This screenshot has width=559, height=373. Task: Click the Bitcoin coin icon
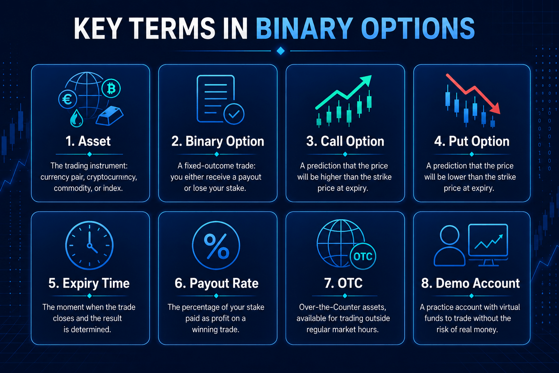tap(111, 89)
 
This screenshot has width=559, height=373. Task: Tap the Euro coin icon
tap(68, 99)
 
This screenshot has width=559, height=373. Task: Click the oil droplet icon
tap(76, 118)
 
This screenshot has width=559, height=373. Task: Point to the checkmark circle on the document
tap(234, 114)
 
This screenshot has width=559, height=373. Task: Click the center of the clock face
tap(89, 246)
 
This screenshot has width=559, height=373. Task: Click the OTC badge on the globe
tap(363, 256)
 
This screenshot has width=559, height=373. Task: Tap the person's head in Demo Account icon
tap(449, 235)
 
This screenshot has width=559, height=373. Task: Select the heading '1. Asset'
tap(88, 141)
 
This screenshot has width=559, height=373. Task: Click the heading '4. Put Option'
tap(472, 141)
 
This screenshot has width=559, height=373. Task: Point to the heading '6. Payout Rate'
tap(217, 283)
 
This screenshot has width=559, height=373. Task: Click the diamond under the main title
tap(281, 51)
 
